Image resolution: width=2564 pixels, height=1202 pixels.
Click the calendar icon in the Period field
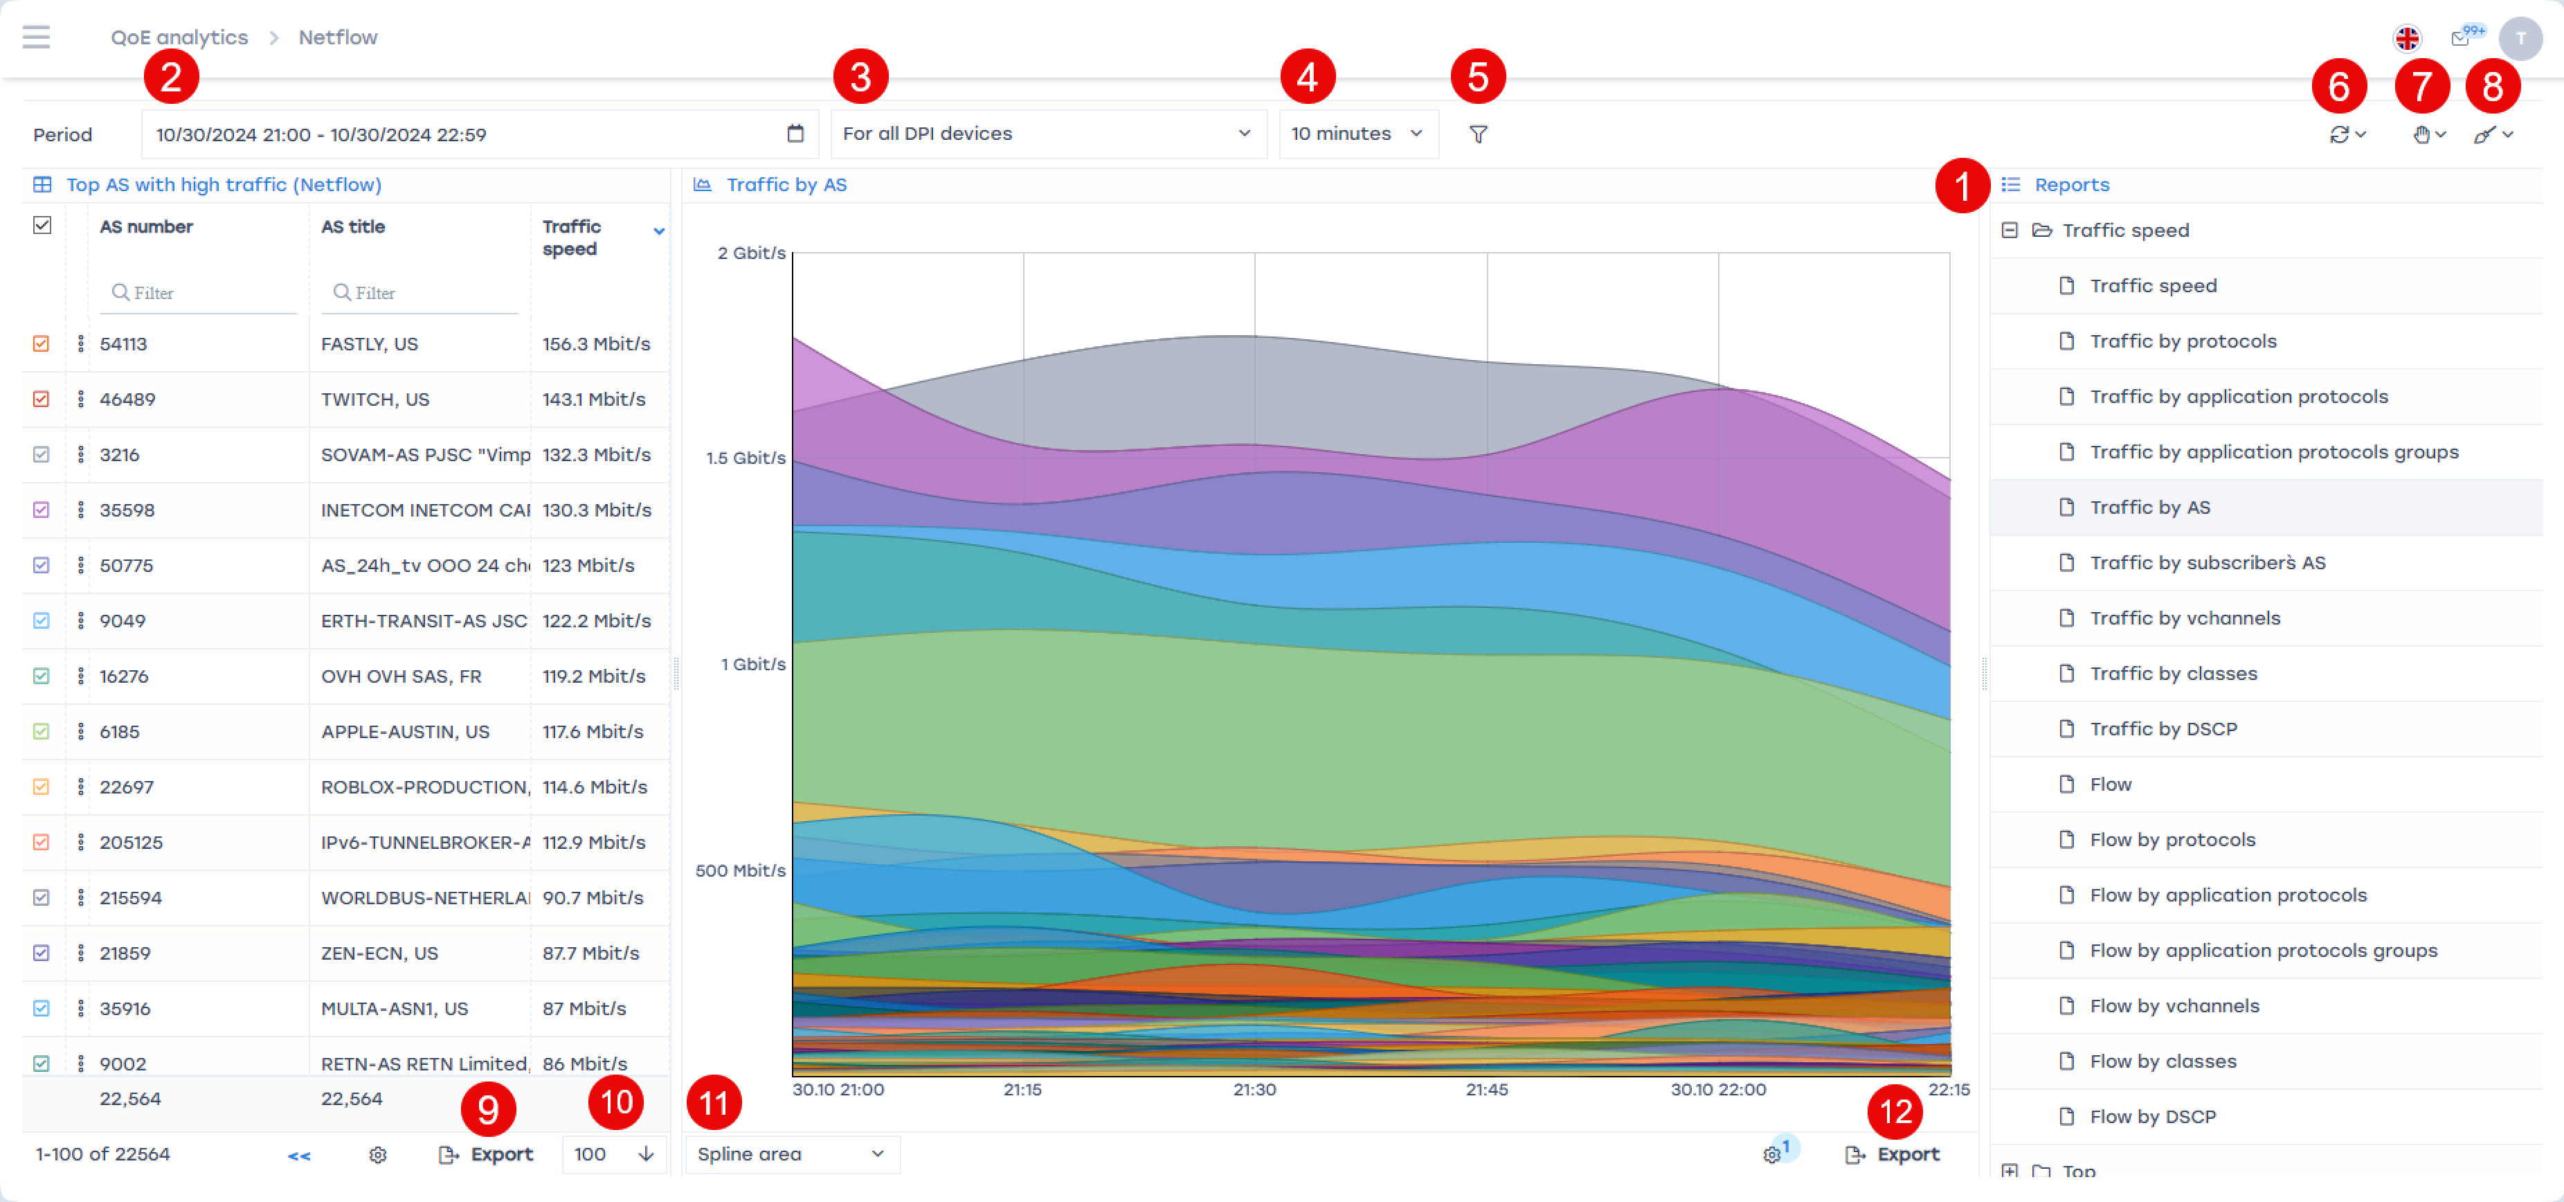click(x=794, y=134)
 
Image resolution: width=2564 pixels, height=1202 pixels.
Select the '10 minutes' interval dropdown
click(x=1357, y=134)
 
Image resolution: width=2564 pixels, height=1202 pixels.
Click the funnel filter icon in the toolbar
click(x=1478, y=134)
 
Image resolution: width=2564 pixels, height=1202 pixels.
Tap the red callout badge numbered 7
click(x=2421, y=87)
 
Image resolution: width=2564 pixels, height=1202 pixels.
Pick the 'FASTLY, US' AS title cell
click(x=369, y=343)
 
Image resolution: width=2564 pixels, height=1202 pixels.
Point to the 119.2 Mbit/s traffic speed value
click(x=593, y=676)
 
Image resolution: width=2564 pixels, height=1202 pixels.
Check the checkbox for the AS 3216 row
click(x=41, y=454)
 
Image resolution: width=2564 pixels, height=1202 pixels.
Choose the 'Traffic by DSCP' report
click(x=2163, y=729)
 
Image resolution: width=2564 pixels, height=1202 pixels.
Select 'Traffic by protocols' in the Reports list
click(x=2182, y=341)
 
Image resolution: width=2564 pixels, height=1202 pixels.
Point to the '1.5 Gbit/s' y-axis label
click(x=746, y=458)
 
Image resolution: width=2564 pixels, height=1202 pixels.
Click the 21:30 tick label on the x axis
click(x=1254, y=1089)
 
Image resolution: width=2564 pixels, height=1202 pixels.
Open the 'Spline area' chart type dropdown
click(x=791, y=1154)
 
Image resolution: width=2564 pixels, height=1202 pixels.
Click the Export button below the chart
click(x=1894, y=1154)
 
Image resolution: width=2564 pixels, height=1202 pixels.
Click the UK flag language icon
click(x=2407, y=39)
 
